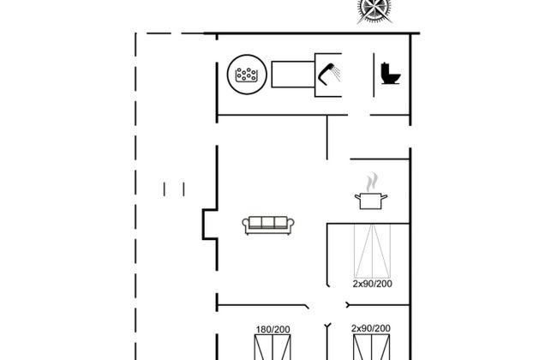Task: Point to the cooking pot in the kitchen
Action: pyautogui.click(x=371, y=201)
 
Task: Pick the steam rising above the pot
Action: pyautogui.click(x=371, y=183)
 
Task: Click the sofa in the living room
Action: pyautogui.click(x=269, y=225)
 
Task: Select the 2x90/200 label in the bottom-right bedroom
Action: pyautogui.click(x=371, y=329)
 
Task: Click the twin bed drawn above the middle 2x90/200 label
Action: pyautogui.click(x=371, y=250)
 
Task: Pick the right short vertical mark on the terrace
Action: pyautogui.click(x=183, y=189)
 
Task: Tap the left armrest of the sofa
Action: pyautogui.click(x=247, y=225)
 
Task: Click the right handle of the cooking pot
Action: pyautogui.click(x=385, y=198)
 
